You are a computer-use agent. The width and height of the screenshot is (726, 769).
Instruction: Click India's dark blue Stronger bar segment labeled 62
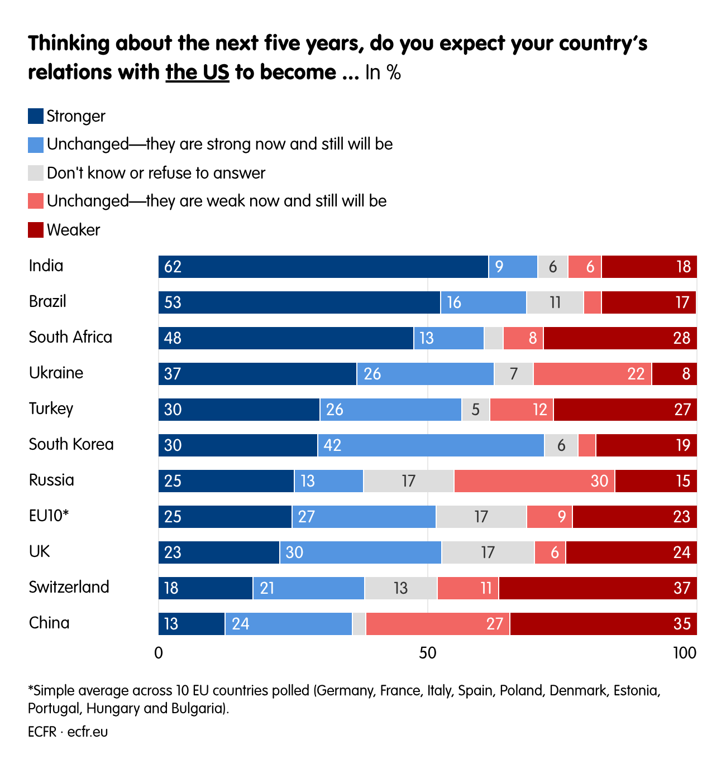pos(323,267)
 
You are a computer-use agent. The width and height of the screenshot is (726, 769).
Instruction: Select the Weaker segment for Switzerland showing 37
pos(598,588)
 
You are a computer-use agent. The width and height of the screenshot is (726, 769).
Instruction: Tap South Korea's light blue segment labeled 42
pos(431,445)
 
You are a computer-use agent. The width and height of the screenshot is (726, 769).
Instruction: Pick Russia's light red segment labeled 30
pos(534,481)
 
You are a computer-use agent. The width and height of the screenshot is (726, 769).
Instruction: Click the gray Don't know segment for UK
pos(488,552)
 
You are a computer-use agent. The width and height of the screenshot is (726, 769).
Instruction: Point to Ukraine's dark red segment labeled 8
pos(674,374)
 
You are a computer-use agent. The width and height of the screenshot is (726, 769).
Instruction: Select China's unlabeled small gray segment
pos(359,624)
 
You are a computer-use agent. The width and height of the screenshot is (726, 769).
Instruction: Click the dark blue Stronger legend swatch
pos(36,116)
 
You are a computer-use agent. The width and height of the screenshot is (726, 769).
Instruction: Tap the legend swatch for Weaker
pos(36,230)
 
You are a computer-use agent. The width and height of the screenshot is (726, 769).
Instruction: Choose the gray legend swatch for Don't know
pos(36,173)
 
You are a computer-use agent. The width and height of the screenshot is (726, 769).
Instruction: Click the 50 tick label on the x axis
pos(427,653)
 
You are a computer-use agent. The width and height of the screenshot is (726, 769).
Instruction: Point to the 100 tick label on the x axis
pos(684,653)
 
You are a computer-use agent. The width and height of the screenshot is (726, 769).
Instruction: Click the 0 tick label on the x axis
pos(159,653)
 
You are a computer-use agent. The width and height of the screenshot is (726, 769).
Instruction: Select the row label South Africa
pos(70,337)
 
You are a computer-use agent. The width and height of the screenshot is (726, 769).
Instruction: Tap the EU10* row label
pos(49,516)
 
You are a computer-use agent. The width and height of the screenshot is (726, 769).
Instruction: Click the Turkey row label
pos(51,408)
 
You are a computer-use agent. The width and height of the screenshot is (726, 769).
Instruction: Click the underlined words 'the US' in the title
pos(197,73)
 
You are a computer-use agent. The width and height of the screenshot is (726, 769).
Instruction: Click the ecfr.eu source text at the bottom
pos(88,732)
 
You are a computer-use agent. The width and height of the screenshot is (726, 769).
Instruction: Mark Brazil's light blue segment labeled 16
pos(483,302)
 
